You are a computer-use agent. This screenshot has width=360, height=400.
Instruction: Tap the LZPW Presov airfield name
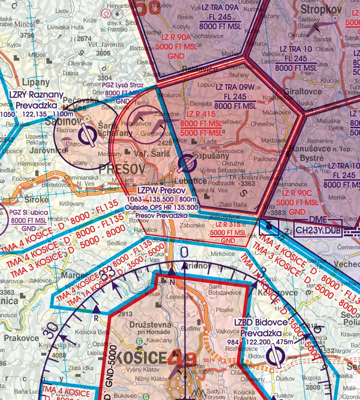tap(161, 190)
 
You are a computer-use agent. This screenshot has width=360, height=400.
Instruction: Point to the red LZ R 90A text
tap(174, 38)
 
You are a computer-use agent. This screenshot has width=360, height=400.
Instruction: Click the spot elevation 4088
tap(59, 355)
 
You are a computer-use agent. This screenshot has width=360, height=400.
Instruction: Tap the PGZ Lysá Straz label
tap(123, 85)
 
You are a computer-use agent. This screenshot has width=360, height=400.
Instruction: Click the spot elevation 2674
tap(84, 39)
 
